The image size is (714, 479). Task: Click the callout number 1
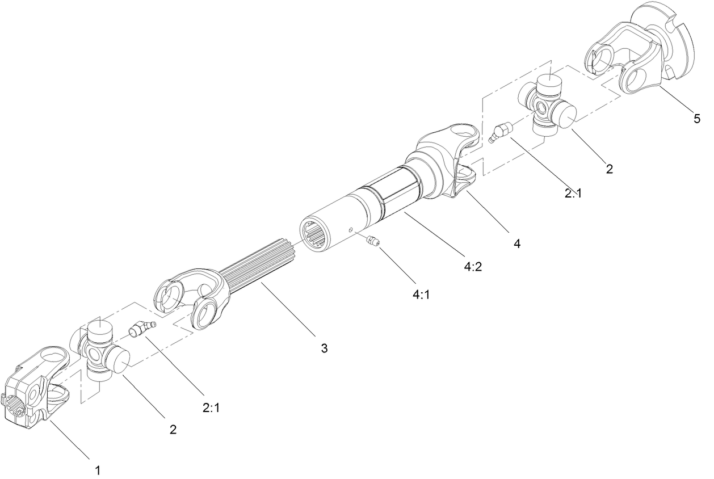point(98,470)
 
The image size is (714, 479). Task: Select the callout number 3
point(324,348)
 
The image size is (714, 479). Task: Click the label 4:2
point(472,266)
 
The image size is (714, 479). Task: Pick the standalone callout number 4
point(516,244)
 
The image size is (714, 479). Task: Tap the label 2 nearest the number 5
point(610,169)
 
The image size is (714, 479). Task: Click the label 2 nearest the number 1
point(173,429)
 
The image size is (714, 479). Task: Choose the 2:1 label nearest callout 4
point(573,194)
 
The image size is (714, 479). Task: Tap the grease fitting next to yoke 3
point(141,328)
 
